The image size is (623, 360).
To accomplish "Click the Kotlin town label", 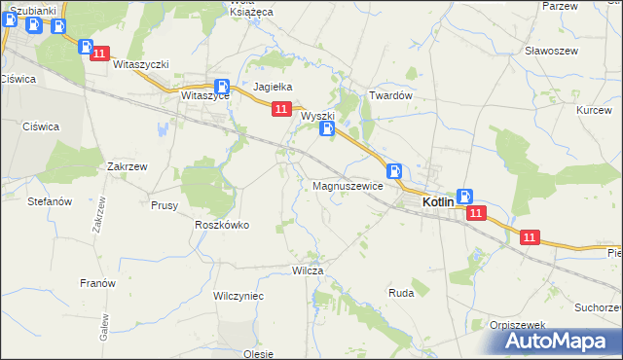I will [440, 202].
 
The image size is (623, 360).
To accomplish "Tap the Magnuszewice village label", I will [348, 186].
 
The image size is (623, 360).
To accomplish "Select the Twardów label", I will [391, 96].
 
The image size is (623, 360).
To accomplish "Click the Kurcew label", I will [594, 111].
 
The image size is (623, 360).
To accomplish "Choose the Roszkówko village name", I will [222, 225].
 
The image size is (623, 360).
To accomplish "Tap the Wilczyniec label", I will [238, 294].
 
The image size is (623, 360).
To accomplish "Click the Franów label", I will [97, 283].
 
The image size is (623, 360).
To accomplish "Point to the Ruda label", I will [401, 292].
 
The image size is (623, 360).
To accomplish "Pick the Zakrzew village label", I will [128, 166].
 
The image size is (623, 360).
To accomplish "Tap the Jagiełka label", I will [274, 87].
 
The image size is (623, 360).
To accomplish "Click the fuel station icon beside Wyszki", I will [328, 127].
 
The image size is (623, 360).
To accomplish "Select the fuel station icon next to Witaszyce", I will [222, 86].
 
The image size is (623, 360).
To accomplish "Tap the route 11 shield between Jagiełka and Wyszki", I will [280, 110].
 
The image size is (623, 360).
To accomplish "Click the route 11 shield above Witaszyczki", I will [99, 55].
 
